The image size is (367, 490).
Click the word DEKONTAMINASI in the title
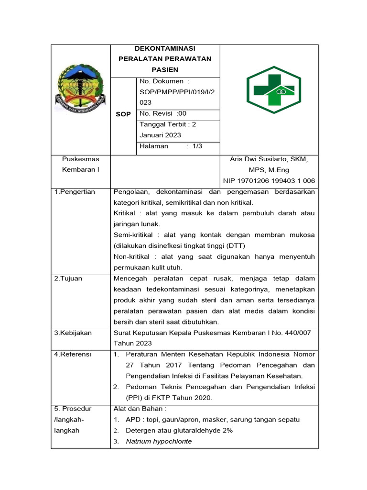pos(165,48)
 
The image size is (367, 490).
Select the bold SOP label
pos(123,114)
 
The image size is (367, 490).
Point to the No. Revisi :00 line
pos(162,113)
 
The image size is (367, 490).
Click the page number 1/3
pos(197,146)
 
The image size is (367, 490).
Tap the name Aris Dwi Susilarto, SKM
pos(269,159)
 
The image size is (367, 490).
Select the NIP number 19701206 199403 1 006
pos(269,180)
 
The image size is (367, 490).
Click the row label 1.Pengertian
pos(75,192)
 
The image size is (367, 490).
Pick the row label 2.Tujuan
pos(68,278)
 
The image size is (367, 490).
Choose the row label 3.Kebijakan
pos(73,333)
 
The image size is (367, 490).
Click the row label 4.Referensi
pos(73,355)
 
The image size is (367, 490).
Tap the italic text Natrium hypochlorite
pos(159,441)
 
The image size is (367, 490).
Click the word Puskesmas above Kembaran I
pos(80,159)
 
